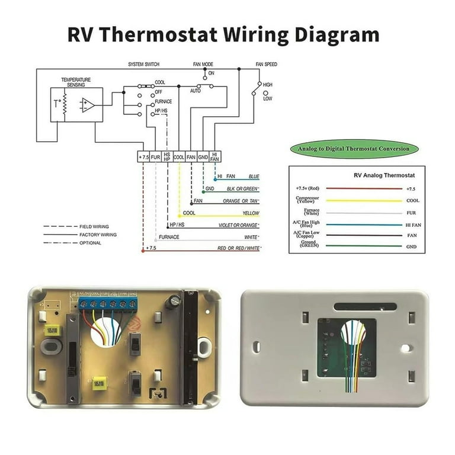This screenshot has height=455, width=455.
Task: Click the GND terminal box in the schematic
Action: [x=203, y=157]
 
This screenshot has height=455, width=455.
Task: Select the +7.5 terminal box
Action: [x=143, y=157]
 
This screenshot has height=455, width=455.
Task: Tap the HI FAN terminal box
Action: [x=214, y=157]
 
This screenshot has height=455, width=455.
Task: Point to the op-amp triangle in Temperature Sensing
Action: [x=88, y=105]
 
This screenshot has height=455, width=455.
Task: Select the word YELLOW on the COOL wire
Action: [x=251, y=213]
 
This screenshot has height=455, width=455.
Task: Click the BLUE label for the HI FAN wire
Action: [x=254, y=177]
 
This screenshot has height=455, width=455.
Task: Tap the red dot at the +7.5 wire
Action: [x=143, y=250]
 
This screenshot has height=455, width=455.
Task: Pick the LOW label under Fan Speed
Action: [x=267, y=99]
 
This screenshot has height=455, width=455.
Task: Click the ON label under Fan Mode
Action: [x=212, y=73]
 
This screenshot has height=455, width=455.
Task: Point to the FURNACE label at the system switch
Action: [x=164, y=101]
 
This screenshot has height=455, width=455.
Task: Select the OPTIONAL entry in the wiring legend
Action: [x=92, y=243]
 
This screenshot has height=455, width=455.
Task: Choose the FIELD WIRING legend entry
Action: [x=94, y=226]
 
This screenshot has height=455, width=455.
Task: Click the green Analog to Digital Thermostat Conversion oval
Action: [x=354, y=149]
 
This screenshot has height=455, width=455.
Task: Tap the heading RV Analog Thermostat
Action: [x=384, y=175]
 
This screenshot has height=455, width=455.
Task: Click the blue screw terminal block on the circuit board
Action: [x=107, y=304]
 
